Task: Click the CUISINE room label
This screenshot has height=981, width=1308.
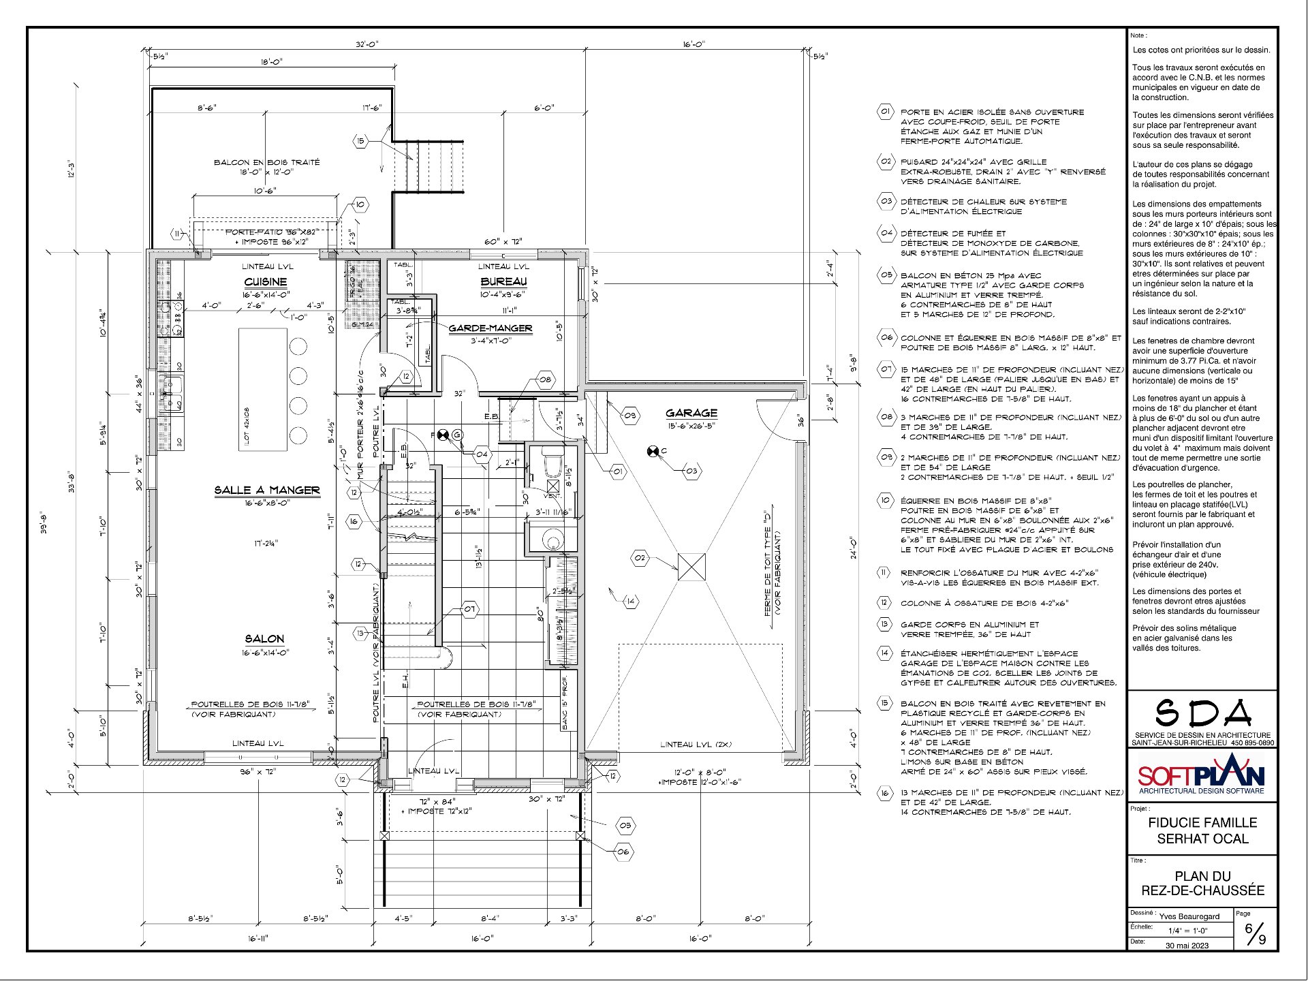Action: (x=265, y=282)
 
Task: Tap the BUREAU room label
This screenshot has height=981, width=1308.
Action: (x=503, y=282)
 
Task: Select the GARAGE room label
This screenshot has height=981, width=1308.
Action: (x=691, y=413)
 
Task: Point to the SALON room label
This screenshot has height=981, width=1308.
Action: (x=265, y=639)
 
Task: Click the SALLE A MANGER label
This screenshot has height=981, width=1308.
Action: (x=267, y=490)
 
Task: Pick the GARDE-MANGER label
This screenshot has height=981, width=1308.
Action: (x=490, y=328)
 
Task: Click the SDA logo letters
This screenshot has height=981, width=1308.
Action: (x=1203, y=713)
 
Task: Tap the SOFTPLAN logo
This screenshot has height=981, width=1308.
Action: (x=1202, y=776)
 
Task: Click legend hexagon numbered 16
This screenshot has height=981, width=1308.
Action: (x=885, y=793)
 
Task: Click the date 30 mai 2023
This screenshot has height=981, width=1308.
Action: (x=1187, y=945)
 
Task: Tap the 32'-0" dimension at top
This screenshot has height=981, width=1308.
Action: (x=367, y=44)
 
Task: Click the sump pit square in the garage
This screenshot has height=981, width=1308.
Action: (x=691, y=567)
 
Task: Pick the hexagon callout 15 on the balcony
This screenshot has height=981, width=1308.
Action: (x=360, y=141)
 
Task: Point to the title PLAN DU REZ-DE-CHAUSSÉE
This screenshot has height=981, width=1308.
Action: (x=1202, y=884)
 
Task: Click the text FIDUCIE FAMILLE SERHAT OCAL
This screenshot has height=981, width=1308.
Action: (x=1202, y=830)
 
